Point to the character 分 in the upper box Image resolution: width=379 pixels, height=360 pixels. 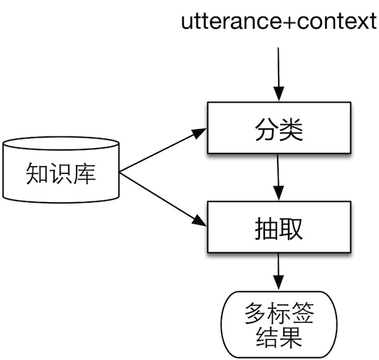click(x=265, y=131)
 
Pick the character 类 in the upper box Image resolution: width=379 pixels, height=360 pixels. click(x=292, y=131)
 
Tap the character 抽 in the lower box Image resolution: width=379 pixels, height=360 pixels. click(x=265, y=229)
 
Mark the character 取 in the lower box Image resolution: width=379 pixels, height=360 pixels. click(x=292, y=229)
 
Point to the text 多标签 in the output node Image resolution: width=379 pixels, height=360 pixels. click(x=279, y=315)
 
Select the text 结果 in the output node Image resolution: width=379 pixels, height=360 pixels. click(x=279, y=337)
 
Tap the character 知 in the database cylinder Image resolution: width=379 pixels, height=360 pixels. click(x=37, y=174)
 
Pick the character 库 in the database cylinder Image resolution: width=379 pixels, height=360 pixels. click(x=84, y=174)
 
